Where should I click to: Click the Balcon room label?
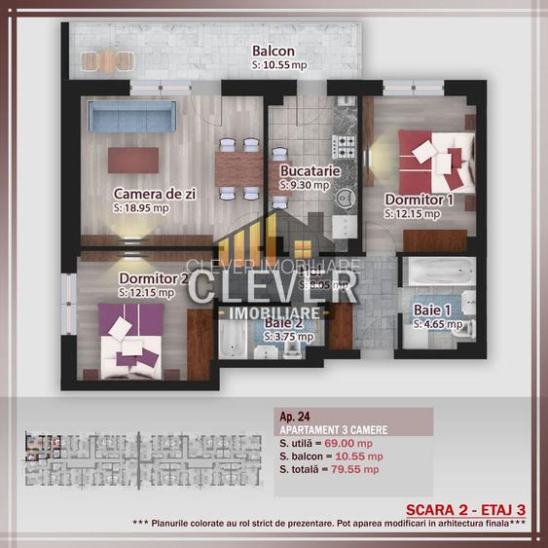[273, 51]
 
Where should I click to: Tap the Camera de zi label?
[155, 193]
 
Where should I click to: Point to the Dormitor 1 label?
[420, 200]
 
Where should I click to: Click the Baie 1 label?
[433, 309]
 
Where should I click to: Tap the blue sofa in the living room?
[131, 118]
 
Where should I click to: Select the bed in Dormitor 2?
[129, 337]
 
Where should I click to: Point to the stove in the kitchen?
[345, 147]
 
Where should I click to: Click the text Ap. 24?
[294, 415]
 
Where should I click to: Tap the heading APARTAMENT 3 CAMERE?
[334, 428]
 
